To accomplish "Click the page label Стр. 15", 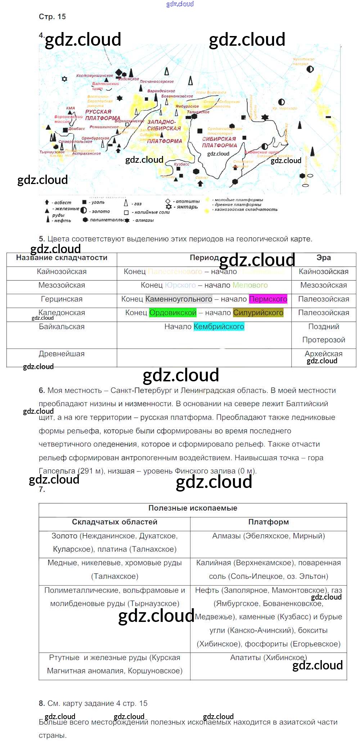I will click(x=52, y=17).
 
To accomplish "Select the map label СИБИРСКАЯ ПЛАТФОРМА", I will click(x=219, y=142).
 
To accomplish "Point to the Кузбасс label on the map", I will click(x=181, y=164).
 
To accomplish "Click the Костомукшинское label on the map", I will click(x=95, y=76).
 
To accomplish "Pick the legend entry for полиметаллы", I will click(x=107, y=220).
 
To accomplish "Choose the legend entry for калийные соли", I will click(x=151, y=212).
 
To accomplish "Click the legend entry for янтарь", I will click(x=187, y=207).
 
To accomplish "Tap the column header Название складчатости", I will click(x=62, y=258).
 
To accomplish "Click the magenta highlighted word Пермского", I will click(x=268, y=299).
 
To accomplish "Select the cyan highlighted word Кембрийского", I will click(x=219, y=327).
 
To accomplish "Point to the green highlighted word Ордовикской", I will click(x=173, y=313).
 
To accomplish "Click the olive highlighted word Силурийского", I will click(x=258, y=313).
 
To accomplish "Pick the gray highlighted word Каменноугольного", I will click(x=179, y=299).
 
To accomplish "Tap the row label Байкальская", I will click(x=62, y=327).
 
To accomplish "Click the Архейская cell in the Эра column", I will click(x=323, y=354).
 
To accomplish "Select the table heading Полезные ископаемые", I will click(x=193, y=508).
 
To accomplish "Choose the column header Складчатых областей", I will click(x=114, y=522).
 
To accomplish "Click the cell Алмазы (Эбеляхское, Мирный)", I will click(x=268, y=536).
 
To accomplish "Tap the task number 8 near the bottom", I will click(x=42, y=703).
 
